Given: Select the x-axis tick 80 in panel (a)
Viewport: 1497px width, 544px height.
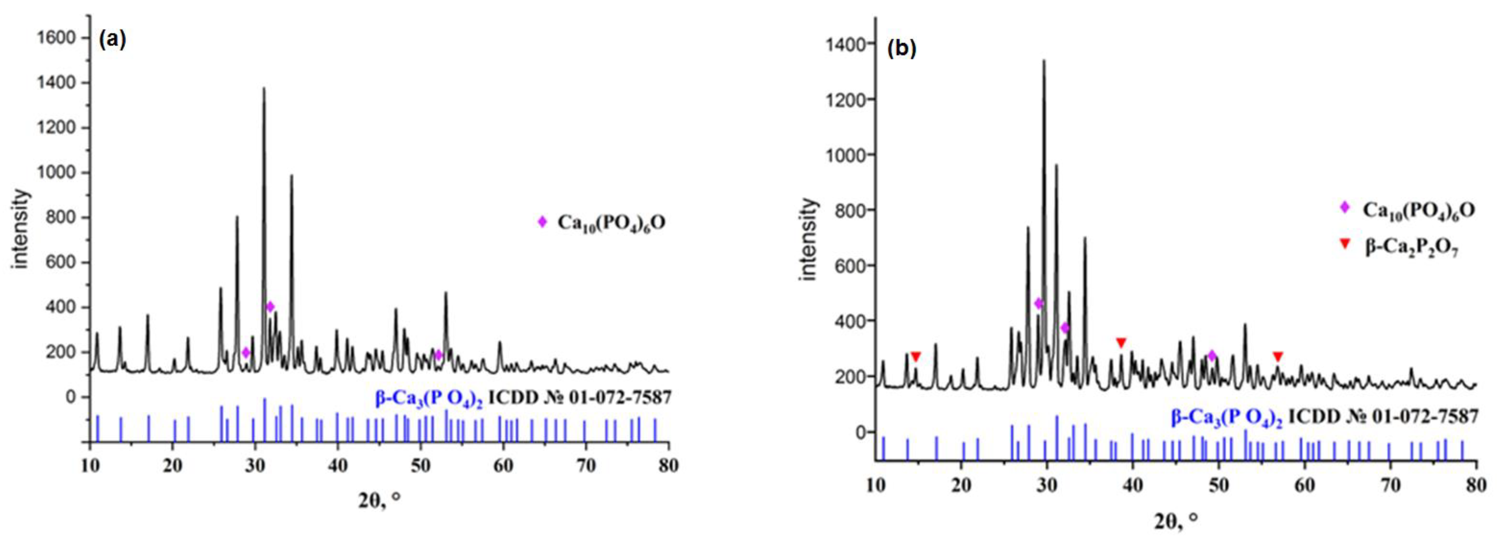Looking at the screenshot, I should coord(668,466).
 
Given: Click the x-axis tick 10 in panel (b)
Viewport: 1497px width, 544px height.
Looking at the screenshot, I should coord(875,485).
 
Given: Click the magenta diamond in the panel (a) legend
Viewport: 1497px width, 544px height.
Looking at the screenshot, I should coord(542,222).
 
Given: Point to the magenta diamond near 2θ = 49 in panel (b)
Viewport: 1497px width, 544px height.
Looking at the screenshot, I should coord(1212,355).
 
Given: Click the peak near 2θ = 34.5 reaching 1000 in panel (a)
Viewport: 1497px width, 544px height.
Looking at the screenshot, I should coord(292,176).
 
